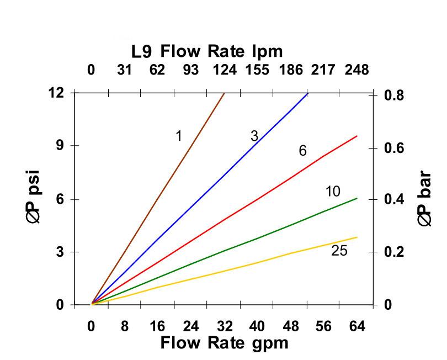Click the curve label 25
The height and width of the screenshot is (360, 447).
[339, 251]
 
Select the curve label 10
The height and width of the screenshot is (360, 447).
[333, 192]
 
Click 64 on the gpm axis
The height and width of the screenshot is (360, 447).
[357, 326]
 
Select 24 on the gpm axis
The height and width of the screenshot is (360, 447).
[191, 326]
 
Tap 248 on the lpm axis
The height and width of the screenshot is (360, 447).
[356, 70]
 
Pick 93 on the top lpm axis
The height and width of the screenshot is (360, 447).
[190, 70]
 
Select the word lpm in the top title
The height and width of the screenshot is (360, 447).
[267, 52]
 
